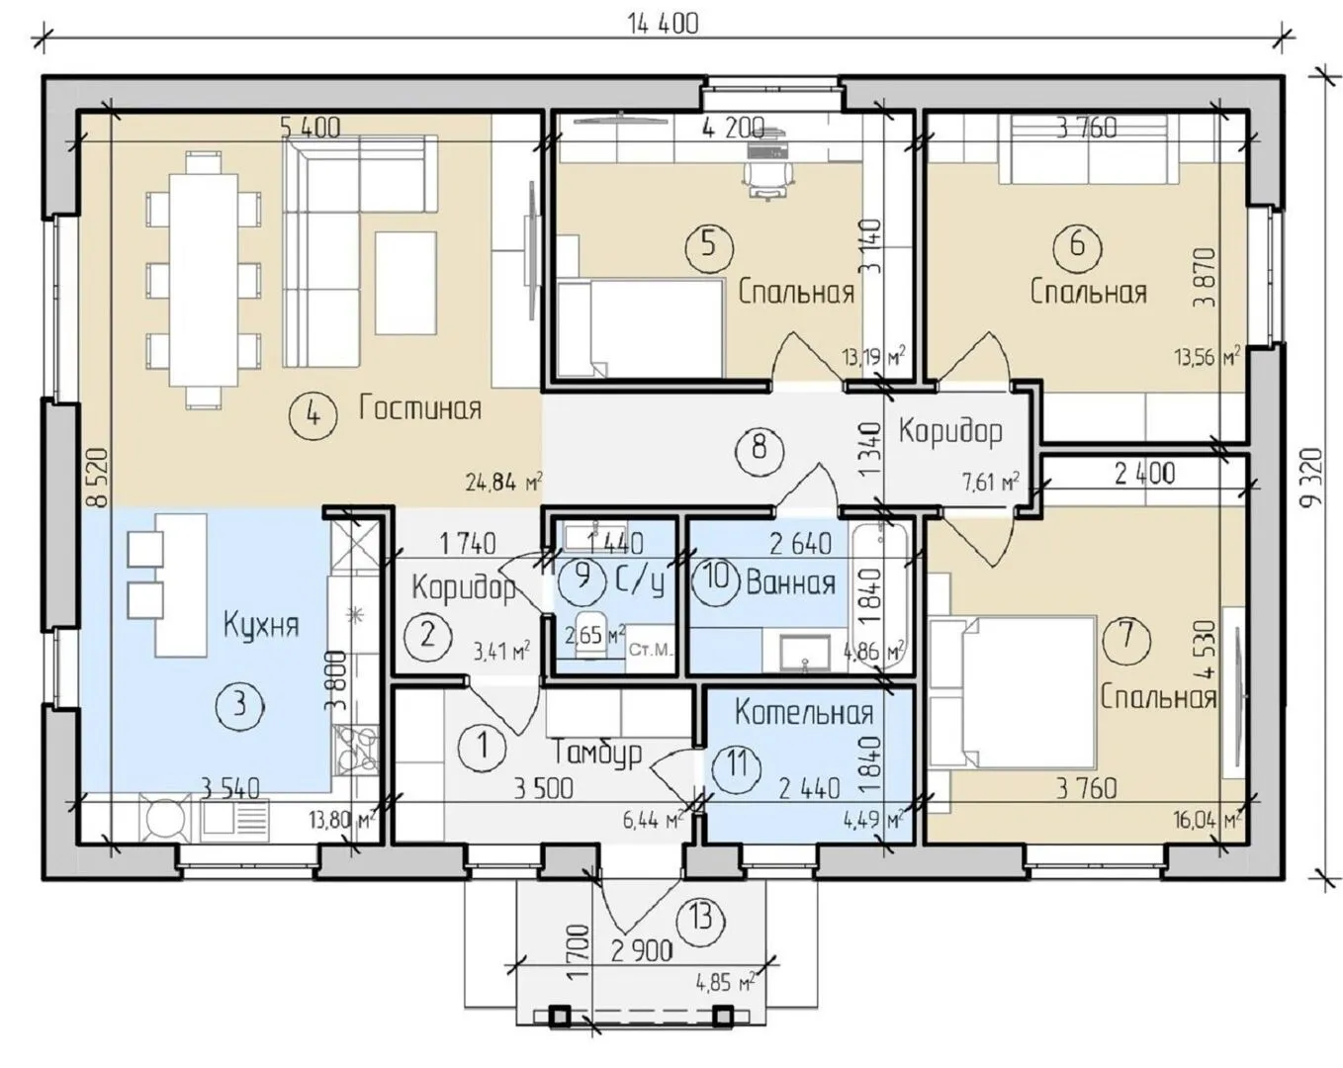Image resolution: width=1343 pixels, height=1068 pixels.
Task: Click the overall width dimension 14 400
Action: [664, 24]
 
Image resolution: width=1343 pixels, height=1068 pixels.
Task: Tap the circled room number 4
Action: [313, 413]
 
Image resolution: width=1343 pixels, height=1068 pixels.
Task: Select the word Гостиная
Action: [420, 408]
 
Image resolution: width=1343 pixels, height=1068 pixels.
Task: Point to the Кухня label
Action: [261, 625]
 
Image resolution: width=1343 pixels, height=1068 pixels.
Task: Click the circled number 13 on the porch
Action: [701, 919]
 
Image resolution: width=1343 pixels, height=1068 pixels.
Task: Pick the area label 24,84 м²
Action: [503, 483]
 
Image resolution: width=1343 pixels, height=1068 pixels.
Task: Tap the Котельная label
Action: [804, 713]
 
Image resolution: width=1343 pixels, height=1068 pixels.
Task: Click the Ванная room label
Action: [791, 583]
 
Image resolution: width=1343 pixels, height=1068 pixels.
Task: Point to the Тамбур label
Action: [598, 755]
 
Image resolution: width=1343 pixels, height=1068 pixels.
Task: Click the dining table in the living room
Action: [204, 281]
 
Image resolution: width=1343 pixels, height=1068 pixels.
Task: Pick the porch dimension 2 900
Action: [642, 950]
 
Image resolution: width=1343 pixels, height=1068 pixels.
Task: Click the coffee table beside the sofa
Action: [405, 283]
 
